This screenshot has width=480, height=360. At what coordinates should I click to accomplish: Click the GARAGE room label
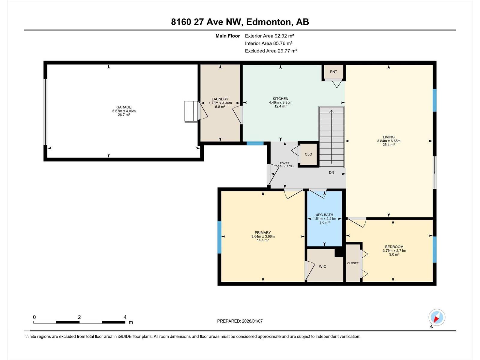124,107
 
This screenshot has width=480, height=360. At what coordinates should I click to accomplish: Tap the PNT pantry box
333,72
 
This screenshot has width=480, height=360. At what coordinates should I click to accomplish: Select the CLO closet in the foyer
308,154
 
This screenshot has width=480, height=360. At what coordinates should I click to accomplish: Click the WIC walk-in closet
322,266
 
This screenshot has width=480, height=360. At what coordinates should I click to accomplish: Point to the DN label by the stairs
331,172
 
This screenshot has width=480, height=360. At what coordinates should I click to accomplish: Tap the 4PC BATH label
324,215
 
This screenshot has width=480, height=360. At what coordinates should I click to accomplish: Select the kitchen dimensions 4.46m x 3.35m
280,103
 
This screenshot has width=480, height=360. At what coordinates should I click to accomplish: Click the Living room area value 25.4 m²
388,145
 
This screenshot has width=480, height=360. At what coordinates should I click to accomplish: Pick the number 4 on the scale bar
125,317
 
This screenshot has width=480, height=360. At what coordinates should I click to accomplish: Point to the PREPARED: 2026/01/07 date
240,321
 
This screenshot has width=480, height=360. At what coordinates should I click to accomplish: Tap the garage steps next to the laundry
191,111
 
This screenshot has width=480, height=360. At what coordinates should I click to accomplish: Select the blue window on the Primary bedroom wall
219,237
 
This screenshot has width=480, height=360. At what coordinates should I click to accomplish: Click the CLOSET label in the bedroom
353,263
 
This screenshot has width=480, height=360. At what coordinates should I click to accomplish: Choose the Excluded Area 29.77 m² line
271,51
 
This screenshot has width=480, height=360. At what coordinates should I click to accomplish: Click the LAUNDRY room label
220,99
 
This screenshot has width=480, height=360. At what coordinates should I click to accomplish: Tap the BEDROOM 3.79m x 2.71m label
394,250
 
